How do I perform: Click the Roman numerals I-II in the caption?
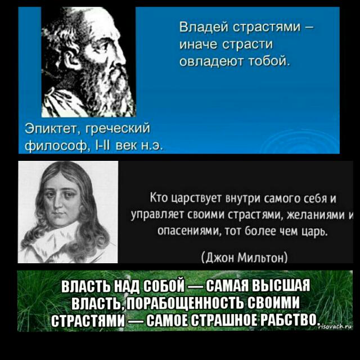coord(103,145)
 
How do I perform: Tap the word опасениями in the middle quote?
coord(188,231)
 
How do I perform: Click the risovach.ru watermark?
coord(335,326)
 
